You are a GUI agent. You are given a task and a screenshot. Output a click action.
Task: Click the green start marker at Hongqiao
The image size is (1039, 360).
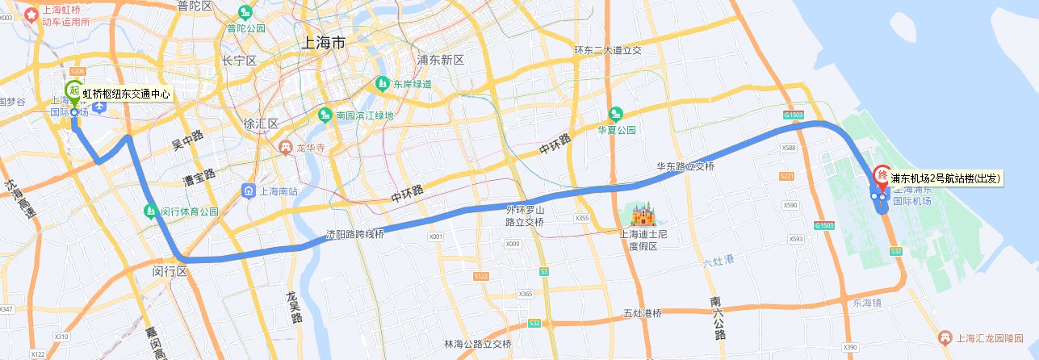74,91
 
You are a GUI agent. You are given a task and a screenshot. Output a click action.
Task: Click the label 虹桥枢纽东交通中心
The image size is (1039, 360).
127,94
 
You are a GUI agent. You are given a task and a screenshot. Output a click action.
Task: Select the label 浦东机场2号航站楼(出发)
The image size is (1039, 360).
945,178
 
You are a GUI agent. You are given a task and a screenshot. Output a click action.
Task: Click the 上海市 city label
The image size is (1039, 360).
322,42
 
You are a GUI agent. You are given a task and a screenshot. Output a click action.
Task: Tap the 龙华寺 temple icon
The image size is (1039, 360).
284,147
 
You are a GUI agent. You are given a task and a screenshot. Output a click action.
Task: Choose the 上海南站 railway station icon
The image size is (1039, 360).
249,191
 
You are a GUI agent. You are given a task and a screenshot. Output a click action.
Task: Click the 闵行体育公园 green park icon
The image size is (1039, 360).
150,211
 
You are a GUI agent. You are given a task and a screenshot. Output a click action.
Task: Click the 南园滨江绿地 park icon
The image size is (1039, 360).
325,115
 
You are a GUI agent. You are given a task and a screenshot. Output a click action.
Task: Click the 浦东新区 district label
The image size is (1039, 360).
440,61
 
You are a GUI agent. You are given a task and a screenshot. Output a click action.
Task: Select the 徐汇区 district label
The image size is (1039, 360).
261,123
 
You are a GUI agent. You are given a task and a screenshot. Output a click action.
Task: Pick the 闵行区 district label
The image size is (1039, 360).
170,272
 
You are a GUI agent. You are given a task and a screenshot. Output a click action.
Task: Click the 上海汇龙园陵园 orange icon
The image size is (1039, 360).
945,337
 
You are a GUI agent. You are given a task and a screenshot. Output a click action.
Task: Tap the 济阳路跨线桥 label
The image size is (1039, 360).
354,234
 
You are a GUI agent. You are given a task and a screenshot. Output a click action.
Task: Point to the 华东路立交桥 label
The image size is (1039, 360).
685,167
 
